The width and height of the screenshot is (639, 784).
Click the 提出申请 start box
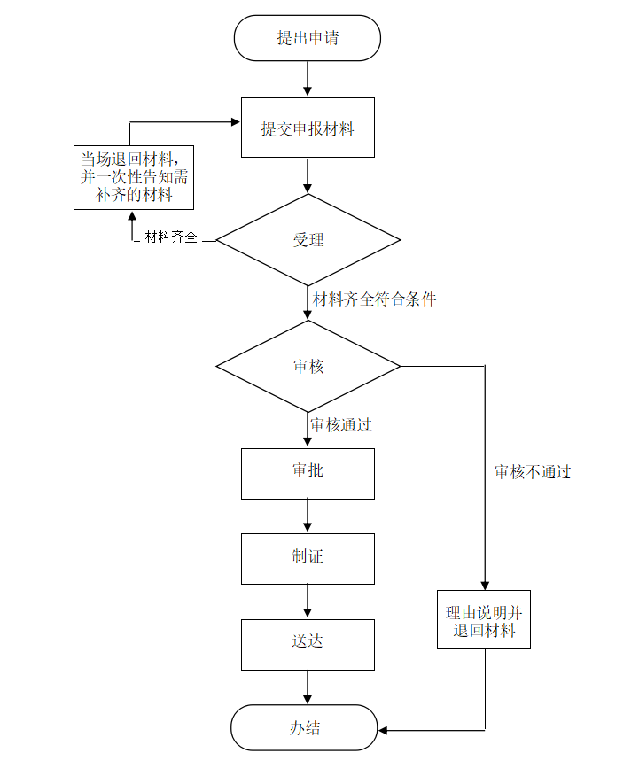click(307, 38)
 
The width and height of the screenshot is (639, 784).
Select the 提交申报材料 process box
click(308, 128)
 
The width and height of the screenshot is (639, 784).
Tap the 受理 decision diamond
click(308, 240)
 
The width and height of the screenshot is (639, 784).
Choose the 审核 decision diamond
click(308, 366)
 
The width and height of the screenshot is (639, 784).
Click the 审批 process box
click(308, 473)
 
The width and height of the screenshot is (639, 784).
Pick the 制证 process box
click(308, 558)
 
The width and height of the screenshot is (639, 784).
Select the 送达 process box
click(308, 643)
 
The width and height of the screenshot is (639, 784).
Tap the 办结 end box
click(304, 728)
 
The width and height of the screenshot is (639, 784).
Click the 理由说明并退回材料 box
click(484, 622)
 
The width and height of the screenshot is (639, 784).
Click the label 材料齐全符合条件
click(374, 299)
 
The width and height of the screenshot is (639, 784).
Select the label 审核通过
click(340, 425)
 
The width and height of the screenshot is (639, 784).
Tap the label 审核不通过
click(533, 472)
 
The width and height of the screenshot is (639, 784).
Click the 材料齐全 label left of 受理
click(171, 237)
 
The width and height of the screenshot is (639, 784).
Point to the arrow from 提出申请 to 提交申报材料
click(308, 78)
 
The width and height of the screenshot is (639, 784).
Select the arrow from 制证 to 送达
click(308, 601)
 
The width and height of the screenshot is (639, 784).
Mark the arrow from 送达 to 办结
click(308, 687)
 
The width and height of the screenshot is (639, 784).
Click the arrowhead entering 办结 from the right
click(385, 730)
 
